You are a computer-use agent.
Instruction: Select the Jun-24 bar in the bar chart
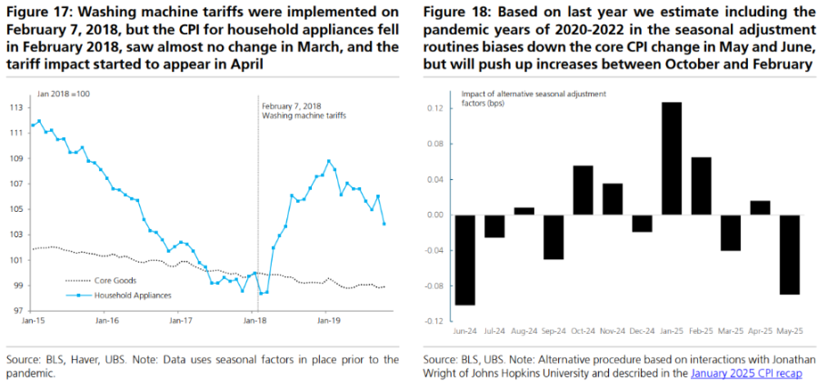pos(464,260)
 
